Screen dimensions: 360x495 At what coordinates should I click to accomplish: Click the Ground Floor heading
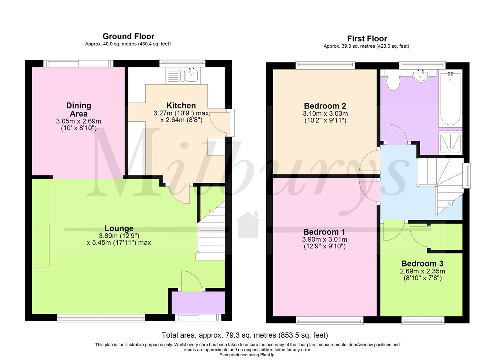128,36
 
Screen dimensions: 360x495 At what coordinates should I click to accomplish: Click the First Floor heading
367,38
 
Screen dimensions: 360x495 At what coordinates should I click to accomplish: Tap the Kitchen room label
181,106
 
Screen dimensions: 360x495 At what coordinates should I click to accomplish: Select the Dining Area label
78,110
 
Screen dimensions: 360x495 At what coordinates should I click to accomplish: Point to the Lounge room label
119,228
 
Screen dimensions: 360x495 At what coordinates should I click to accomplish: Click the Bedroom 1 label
324,232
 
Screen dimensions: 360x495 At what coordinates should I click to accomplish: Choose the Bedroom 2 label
325,106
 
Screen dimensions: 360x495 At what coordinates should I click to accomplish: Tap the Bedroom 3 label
422,264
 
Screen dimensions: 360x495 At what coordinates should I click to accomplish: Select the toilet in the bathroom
393,81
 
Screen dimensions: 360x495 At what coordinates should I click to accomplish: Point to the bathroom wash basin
420,76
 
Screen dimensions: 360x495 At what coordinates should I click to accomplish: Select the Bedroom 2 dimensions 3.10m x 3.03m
325,114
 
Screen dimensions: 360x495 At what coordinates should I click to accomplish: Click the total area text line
245,335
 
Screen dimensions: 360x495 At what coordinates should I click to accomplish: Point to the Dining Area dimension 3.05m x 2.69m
78,121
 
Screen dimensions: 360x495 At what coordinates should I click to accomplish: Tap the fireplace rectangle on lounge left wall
41,245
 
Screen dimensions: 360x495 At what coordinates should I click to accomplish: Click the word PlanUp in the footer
267,355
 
